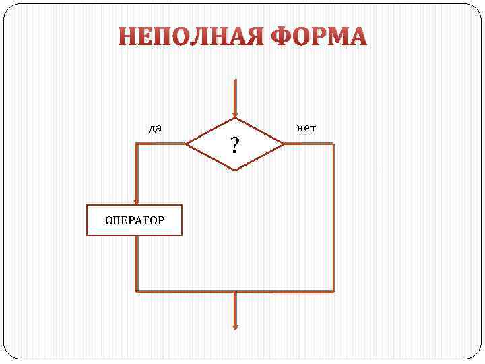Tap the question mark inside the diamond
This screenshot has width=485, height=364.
[234, 144]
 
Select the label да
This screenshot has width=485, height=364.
[155, 127]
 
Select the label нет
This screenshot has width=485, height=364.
[306, 127]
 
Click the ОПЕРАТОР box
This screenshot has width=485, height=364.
[134, 220]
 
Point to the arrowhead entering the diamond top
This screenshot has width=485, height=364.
[235, 113]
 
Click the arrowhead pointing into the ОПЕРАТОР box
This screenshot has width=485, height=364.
[137, 200]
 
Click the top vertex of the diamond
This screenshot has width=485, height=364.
[235, 119]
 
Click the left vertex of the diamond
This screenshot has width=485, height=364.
[186, 144]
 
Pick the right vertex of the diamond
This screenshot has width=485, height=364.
[284, 144]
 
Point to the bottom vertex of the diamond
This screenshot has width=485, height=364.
[235, 169]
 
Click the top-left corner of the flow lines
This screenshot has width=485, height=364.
[137, 144]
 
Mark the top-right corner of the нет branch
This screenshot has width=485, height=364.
[333, 144]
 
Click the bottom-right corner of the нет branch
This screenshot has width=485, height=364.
[333, 291]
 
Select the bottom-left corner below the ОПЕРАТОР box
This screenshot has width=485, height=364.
[137, 291]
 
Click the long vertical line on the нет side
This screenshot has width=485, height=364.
[333, 216]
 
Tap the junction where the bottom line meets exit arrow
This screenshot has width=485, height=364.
[235, 291]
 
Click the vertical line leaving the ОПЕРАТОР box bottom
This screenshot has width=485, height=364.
[137, 263]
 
